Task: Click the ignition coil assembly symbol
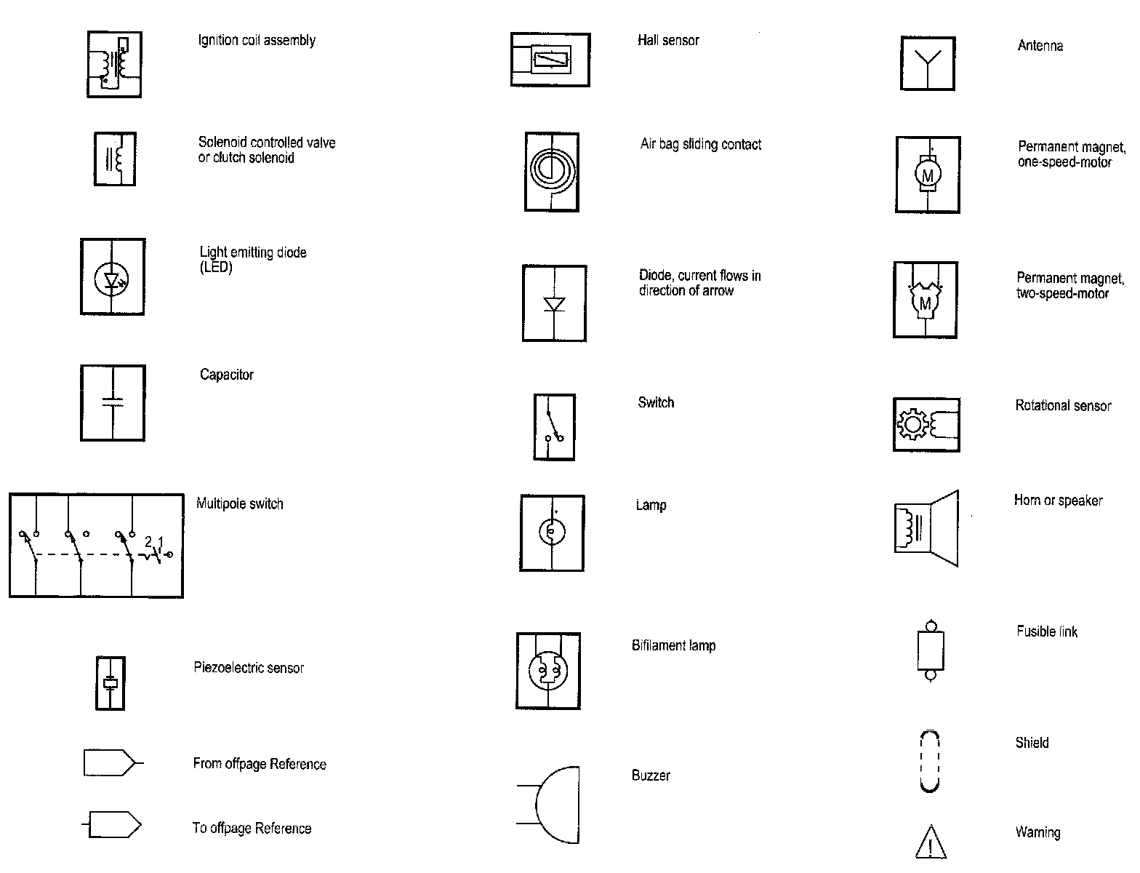click(114, 64)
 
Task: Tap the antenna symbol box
click(927, 63)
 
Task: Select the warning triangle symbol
click(931, 842)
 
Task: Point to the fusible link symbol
click(930, 650)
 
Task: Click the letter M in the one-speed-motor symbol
click(927, 175)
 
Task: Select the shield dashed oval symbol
click(930, 762)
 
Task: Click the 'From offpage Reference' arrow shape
click(109, 762)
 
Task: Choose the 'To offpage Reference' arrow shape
click(113, 825)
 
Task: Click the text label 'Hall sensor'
click(668, 41)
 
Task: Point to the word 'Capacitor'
click(227, 375)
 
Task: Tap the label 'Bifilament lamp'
click(673, 646)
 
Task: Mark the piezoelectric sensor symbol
click(111, 683)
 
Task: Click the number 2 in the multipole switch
click(148, 541)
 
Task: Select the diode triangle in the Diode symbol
click(555, 304)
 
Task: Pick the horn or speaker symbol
click(926, 528)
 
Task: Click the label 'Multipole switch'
click(239, 504)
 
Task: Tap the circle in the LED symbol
click(111, 279)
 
